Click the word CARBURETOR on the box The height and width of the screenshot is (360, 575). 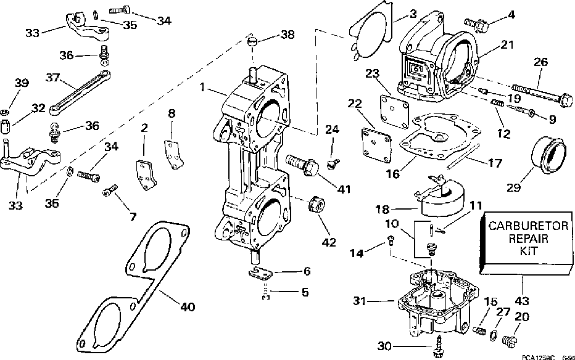519,226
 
